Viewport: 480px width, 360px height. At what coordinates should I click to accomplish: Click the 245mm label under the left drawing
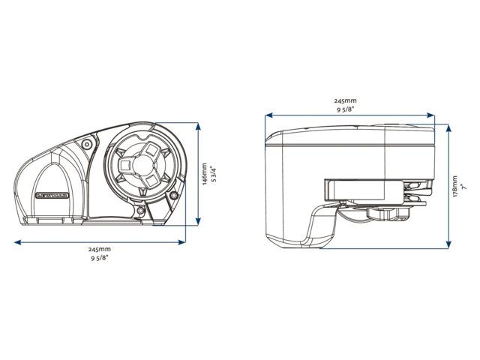[x=99, y=249]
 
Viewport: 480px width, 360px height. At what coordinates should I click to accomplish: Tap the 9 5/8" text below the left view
[x=99, y=258]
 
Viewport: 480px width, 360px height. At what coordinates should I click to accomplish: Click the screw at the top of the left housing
[x=88, y=142]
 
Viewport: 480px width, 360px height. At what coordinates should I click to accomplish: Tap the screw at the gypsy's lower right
[x=174, y=196]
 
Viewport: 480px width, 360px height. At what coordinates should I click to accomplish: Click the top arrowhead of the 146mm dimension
[x=198, y=125]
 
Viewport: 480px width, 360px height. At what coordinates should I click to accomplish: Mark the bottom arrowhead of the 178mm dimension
[x=448, y=244]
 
